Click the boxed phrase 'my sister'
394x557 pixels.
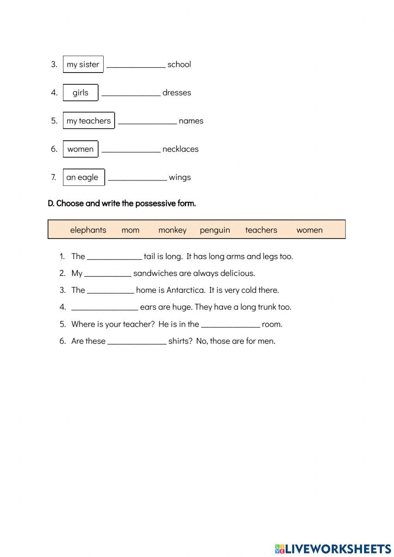83,64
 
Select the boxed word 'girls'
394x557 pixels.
80,93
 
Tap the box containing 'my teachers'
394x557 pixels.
89,121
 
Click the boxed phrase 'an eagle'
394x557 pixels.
82,177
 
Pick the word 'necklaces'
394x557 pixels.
180,149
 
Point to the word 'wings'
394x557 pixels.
180,177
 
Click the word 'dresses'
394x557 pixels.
177,93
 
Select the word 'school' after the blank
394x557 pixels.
179,64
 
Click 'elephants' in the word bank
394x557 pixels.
88,230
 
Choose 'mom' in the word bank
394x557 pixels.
130,230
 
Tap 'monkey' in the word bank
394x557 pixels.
172,230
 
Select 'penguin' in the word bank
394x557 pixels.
215,230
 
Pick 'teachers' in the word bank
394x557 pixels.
261,230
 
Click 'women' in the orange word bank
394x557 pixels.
309,230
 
